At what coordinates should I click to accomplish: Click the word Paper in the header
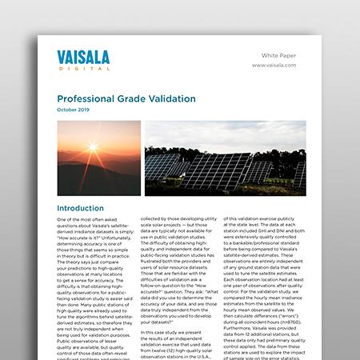point(297,55)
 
